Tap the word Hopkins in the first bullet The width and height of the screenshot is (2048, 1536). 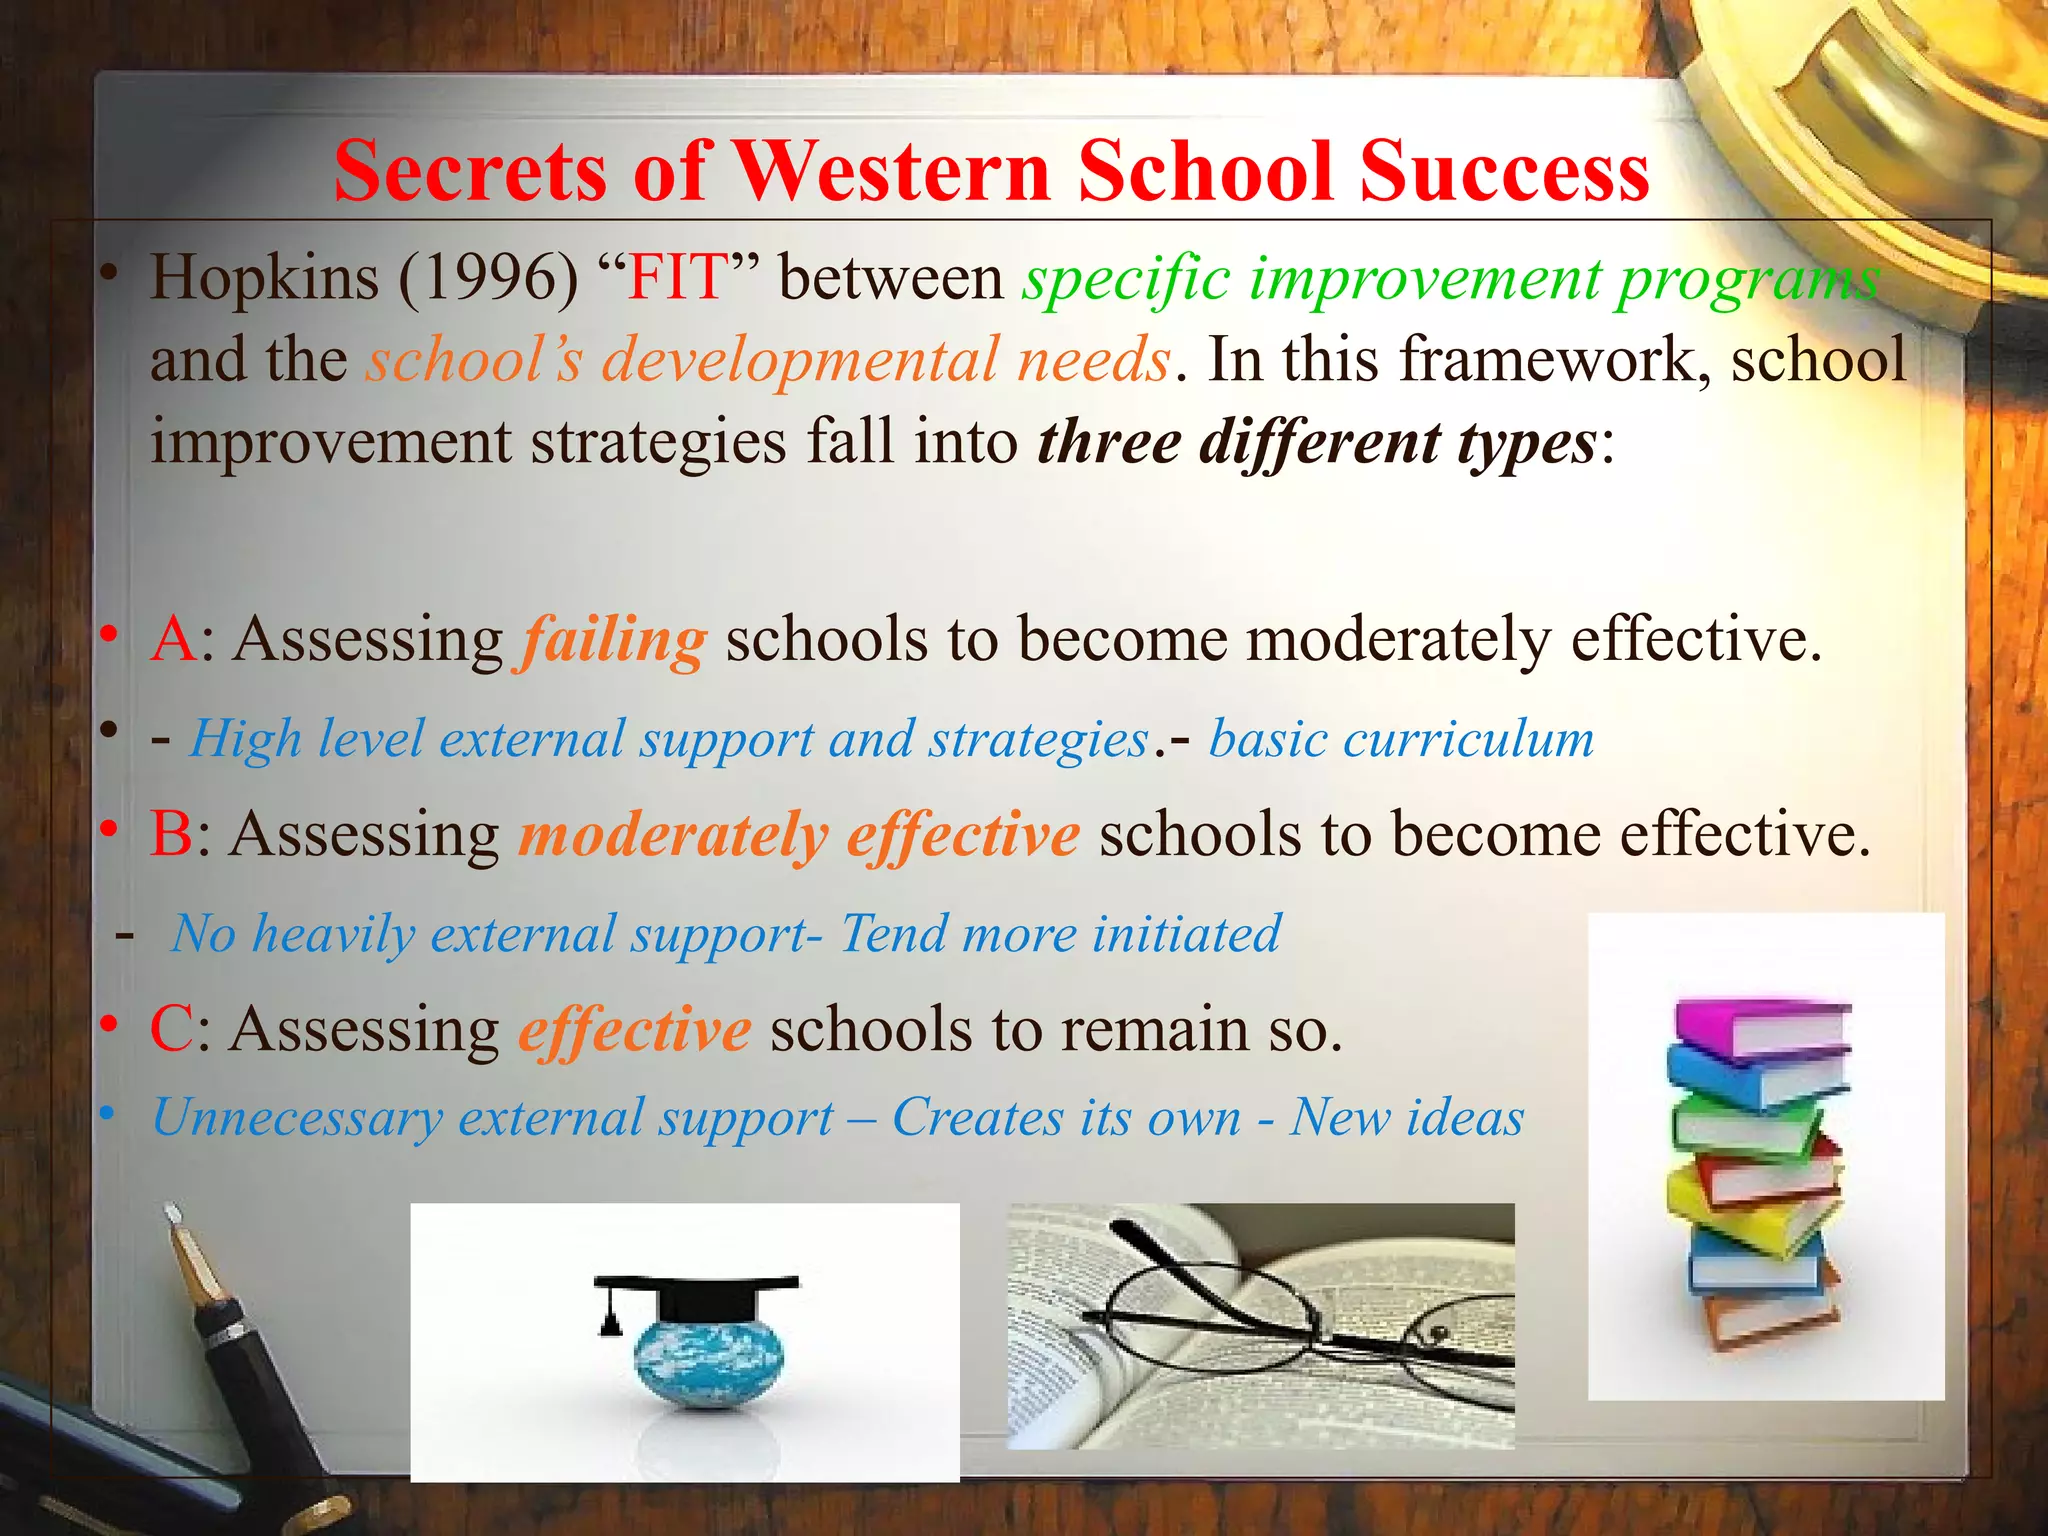click(x=264, y=277)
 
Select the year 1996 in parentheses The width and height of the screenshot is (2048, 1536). click(x=489, y=277)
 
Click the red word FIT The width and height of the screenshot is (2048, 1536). click(x=676, y=277)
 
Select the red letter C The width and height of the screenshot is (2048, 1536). click(x=171, y=1029)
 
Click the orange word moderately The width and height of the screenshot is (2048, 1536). click(x=673, y=835)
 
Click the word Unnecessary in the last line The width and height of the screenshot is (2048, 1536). click(x=296, y=1118)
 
